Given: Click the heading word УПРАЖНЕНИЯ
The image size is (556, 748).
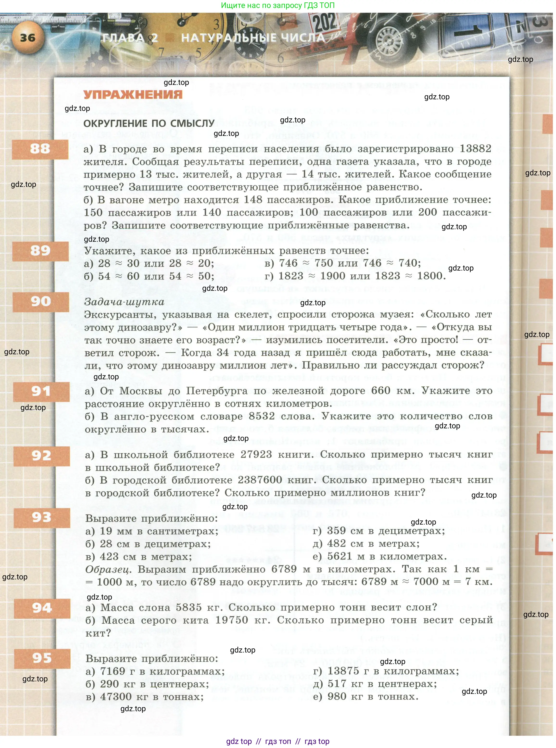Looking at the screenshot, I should (133, 95).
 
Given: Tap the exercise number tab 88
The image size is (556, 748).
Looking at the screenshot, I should (40, 149).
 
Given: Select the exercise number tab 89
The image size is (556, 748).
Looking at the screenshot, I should (40, 251).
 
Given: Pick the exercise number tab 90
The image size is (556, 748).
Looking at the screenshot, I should (41, 301).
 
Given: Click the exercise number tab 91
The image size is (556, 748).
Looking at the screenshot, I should (41, 391).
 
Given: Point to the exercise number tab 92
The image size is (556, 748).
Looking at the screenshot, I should (41, 456).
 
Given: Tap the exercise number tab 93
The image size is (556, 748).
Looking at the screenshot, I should (42, 517).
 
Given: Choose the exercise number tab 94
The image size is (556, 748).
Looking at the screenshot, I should (42, 608).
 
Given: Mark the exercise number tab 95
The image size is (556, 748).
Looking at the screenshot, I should (42, 658).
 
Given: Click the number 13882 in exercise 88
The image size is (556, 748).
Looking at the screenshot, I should (475, 149).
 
